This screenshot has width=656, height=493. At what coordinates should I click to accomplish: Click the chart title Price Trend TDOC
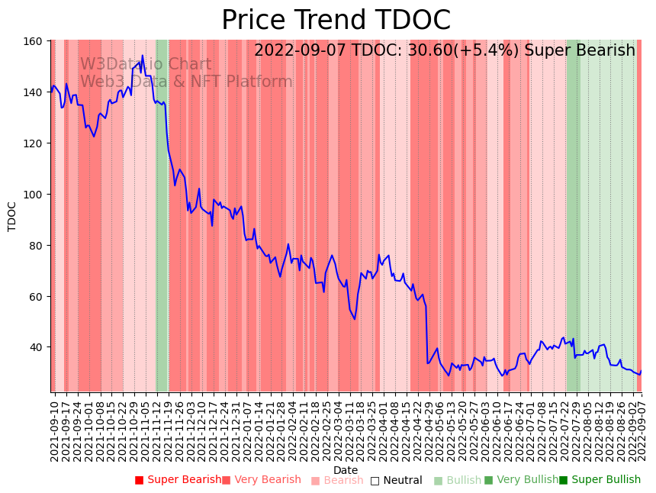click(336, 21)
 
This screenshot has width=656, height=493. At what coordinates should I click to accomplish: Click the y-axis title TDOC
click(12, 216)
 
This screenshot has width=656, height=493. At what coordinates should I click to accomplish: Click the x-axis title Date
click(346, 470)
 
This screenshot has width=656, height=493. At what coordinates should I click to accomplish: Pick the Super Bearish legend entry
click(178, 480)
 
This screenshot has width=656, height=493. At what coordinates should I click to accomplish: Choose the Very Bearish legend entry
click(262, 480)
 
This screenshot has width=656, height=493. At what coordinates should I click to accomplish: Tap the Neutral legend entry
click(396, 481)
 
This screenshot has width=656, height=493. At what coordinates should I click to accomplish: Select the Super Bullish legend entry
click(600, 480)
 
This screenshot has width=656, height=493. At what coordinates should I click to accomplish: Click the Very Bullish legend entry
click(521, 480)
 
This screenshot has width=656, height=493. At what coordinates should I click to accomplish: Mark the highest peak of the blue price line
click(142, 55)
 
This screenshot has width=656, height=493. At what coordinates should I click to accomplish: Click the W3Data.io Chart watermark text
click(146, 64)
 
